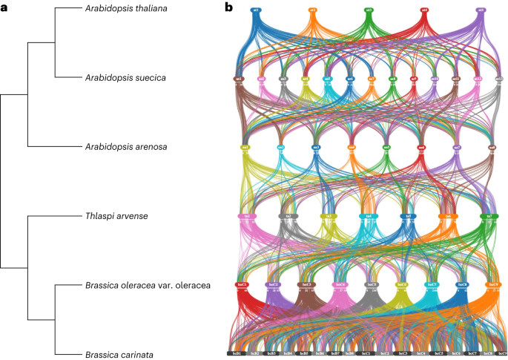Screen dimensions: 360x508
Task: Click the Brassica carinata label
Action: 117,355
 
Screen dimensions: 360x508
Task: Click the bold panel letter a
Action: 5,7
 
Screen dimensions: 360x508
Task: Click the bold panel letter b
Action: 229,7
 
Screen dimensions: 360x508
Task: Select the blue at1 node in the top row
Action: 256,11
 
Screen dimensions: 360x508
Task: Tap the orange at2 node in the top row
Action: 312,11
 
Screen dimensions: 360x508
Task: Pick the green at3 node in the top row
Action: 369,11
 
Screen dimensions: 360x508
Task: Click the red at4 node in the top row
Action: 424,11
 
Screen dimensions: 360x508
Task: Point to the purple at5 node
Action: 481,11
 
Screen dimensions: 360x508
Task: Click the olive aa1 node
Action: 245,148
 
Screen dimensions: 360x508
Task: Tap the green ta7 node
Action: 488,216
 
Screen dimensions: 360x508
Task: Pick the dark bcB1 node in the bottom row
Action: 235,353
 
